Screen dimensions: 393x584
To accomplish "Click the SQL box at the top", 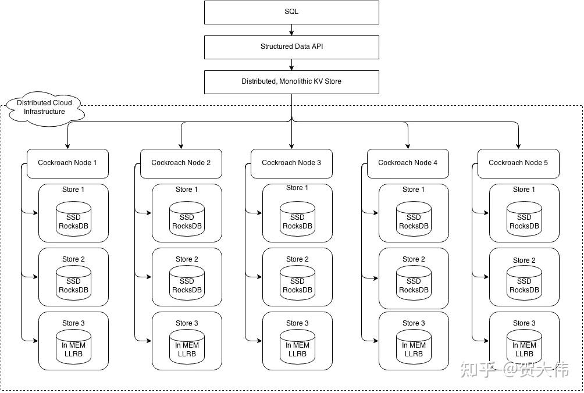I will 291,12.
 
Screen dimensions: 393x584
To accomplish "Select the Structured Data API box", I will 291,47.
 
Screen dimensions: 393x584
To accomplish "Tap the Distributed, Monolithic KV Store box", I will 291,82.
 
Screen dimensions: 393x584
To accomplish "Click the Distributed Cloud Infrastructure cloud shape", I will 44,108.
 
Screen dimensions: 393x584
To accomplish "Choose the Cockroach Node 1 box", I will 67,163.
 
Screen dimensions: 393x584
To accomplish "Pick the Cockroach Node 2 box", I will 181,163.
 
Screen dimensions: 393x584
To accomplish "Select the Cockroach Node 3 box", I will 291,163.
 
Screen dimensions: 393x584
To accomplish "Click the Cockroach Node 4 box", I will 408,163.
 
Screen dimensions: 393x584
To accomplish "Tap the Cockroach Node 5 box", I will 518,163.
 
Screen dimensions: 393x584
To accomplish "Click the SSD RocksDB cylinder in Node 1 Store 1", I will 73,220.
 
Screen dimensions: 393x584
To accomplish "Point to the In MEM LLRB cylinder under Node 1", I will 73,348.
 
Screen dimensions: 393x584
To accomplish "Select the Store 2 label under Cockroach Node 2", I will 187,259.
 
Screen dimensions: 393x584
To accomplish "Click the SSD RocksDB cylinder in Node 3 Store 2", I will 297,284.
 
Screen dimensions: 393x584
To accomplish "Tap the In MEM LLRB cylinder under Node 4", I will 414,348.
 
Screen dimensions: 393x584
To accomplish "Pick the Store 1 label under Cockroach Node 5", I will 521,190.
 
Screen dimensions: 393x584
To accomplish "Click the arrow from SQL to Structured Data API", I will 291,30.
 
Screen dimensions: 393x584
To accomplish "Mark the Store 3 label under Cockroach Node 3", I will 297,323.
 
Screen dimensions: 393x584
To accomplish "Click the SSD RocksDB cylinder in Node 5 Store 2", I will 524,284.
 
